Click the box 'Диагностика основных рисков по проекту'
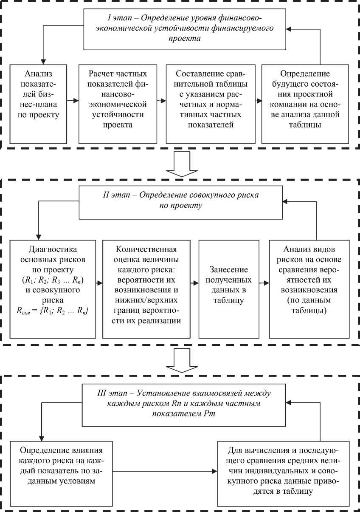(x=53, y=289)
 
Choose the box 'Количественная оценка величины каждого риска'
(x=146, y=289)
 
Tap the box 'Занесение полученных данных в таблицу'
(x=229, y=289)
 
